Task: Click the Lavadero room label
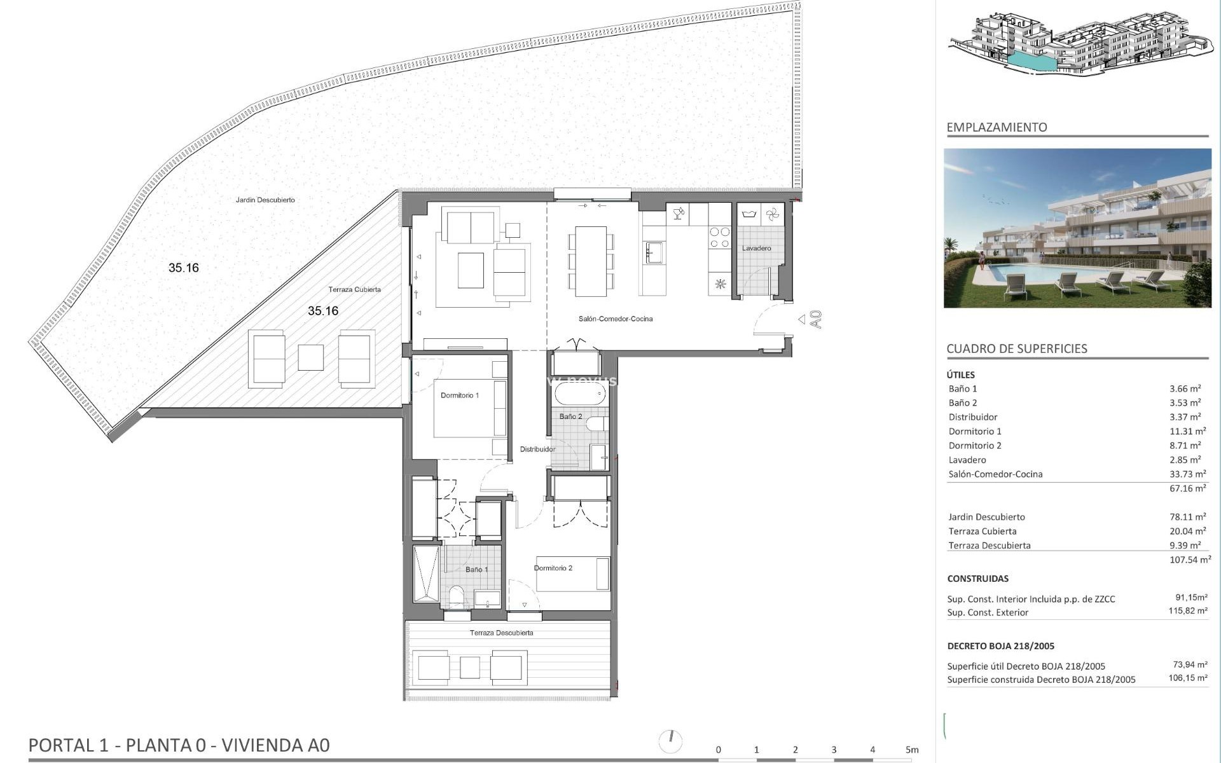click(756, 248)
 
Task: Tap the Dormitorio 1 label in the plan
click(459, 395)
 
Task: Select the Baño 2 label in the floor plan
click(570, 416)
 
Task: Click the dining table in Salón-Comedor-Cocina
click(590, 261)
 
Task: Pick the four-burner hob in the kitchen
click(720, 238)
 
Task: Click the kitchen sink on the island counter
click(654, 252)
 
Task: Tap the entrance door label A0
click(817, 319)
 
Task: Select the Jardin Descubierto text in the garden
click(265, 200)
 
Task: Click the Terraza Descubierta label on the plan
click(501, 633)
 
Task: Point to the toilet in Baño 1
click(457, 596)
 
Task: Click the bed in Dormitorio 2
click(572, 574)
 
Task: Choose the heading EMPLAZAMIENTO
click(997, 127)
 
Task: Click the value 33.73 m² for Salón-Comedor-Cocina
click(1187, 474)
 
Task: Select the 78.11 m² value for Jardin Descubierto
click(1187, 517)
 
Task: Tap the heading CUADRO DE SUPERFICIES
click(1016, 348)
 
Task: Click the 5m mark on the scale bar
click(911, 750)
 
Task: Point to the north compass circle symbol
click(670, 741)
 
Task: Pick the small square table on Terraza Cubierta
click(310, 357)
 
